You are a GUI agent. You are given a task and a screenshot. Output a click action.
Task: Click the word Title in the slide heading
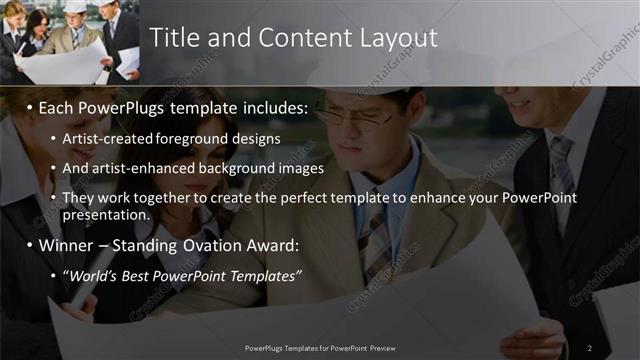coord(176,38)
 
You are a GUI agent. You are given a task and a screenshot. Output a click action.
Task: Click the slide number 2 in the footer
coord(590,347)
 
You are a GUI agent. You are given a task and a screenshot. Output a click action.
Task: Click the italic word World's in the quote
coord(92,275)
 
